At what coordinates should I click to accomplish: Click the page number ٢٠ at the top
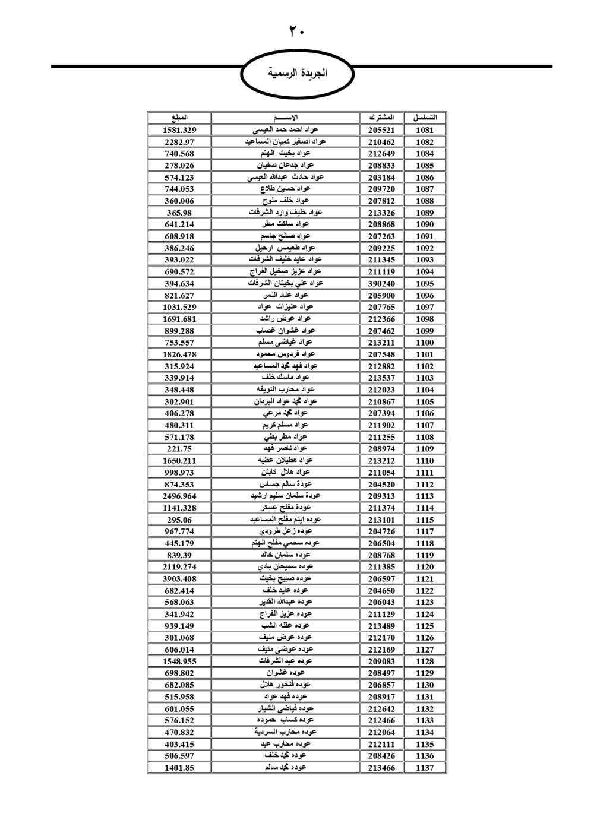[296, 31]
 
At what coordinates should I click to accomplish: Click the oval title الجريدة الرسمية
[297, 74]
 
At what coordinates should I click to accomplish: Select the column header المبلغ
[179, 118]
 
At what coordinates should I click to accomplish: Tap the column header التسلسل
[425, 118]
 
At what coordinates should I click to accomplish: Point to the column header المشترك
[381, 118]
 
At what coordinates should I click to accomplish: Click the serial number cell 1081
[425, 130]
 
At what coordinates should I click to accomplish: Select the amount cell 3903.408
[179, 579]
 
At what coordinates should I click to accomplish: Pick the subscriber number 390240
[381, 284]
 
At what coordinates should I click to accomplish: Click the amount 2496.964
[179, 496]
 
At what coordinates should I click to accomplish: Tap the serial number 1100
[425, 343]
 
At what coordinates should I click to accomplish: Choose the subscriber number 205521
[381, 130]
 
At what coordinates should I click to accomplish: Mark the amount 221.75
[179, 449]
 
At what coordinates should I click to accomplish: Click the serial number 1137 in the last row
[425, 768]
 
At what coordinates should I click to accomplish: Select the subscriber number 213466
[381, 768]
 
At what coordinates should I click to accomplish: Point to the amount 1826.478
[179, 354]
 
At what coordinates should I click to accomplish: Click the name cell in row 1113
[286, 496]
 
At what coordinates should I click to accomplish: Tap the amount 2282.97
[179, 142]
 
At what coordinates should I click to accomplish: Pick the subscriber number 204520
[381, 485]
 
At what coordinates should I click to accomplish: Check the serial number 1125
[425, 626]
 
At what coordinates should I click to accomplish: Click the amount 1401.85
[179, 768]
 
